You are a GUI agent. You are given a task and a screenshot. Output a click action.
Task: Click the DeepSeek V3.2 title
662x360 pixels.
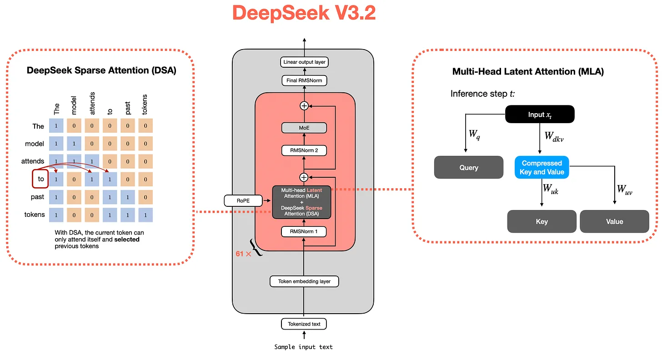(x=304, y=14)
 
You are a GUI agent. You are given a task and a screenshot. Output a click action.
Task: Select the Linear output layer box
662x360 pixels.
(x=304, y=62)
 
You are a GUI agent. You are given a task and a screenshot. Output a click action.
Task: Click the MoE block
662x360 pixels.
(x=304, y=128)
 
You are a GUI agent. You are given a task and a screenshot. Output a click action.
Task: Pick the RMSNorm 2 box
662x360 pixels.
(x=304, y=150)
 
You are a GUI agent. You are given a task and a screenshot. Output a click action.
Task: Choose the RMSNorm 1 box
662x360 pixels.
(x=304, y=232)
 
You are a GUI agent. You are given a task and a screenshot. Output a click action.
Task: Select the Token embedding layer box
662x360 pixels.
(x=304, y=281)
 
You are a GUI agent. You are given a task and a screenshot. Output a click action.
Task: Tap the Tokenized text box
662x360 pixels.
(x=304, y=324)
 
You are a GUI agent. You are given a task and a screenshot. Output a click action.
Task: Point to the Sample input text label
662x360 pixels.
(x=304, y=347)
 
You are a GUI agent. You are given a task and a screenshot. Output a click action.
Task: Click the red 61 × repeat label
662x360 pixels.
(x=243, y=254)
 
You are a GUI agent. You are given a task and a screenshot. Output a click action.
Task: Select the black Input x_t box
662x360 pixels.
(x=540, y=115)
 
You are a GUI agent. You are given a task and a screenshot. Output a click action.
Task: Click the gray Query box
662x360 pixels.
(x=469, y=167)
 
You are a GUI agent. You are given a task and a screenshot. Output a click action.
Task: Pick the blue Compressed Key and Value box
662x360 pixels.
(x=542, y=167)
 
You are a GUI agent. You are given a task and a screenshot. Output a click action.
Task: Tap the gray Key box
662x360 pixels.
(x=542, y=221)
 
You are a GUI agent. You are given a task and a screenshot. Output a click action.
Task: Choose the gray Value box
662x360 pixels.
(x=614, y=221)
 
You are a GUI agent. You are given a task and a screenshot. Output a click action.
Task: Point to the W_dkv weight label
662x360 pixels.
(x=555, y=136)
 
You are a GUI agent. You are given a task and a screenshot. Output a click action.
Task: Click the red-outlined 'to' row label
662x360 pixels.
(x=40, y=179)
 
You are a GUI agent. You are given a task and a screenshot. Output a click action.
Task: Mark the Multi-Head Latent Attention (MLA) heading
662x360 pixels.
(x=528, y=71)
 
